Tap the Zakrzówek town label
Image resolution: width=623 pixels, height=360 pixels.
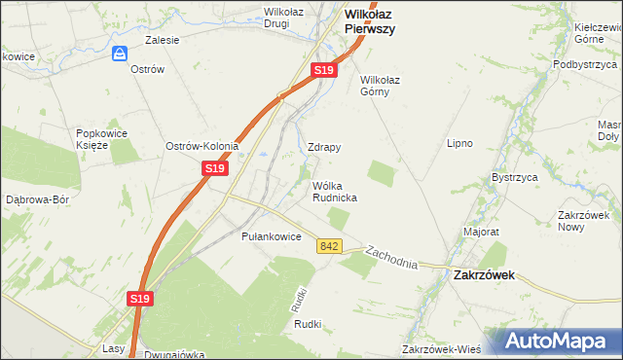pyautogui.click(x=484, y=275)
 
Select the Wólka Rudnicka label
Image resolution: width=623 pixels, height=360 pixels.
pyautogui.click(x=334, y=191)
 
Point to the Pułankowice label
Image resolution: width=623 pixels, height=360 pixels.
pyautogui.click(x=271, y=236)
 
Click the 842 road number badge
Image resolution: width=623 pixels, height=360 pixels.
pyautogui.click(x=328, y=247)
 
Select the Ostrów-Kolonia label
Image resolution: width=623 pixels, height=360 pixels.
pyautogui.click(x=202, y=146)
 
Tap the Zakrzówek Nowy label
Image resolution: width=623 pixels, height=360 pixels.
pyautogui.click(x=582, y=220)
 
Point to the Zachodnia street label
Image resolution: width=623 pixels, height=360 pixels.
pyautogui.click(x=391, y=258)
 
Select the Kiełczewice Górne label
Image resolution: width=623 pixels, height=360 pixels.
pyautogui.click(x=598, y=35)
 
